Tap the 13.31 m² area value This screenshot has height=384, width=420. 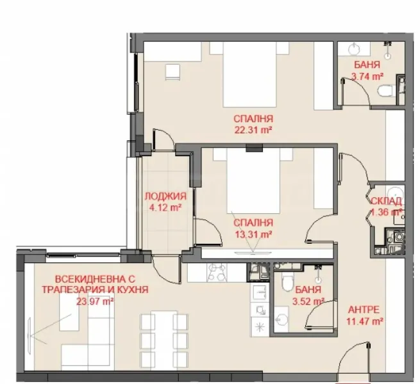coord(254,234)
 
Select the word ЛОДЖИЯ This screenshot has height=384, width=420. coord(165,196)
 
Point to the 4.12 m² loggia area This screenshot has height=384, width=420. coord(165,207)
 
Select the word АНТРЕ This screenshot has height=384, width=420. coord(364,308)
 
